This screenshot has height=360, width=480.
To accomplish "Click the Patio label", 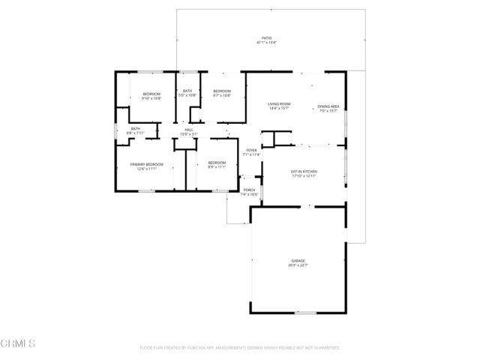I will coord(266,37).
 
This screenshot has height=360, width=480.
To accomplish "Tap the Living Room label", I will coord(280,103).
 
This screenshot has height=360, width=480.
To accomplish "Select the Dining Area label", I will coord(328,106).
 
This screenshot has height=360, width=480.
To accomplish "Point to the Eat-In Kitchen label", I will coord(304,172).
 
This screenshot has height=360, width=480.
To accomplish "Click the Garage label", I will coord(298,260).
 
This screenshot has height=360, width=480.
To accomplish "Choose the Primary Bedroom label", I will coord(146,163).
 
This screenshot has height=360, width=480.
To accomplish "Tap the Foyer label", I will coord(251,150).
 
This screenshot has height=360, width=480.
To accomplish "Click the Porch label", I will coord(249,190).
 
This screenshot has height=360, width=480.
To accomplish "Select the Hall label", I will coord(190,130).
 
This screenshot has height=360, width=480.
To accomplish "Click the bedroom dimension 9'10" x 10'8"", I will coord(151,98).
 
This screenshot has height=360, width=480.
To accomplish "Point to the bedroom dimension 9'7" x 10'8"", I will coord(221,95).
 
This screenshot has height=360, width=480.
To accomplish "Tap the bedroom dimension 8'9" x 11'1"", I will coord(216,167).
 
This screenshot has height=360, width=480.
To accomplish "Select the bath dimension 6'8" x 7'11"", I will coord(136,133).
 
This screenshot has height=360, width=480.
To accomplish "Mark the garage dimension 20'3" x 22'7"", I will coord(298,265).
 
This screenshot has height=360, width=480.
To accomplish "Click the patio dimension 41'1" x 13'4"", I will coord(266,43).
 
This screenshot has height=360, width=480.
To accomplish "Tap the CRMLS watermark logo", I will coord(19,344).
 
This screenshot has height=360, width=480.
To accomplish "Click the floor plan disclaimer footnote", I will coord(240,348).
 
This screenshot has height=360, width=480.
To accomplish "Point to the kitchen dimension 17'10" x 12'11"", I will coord(304,176).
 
